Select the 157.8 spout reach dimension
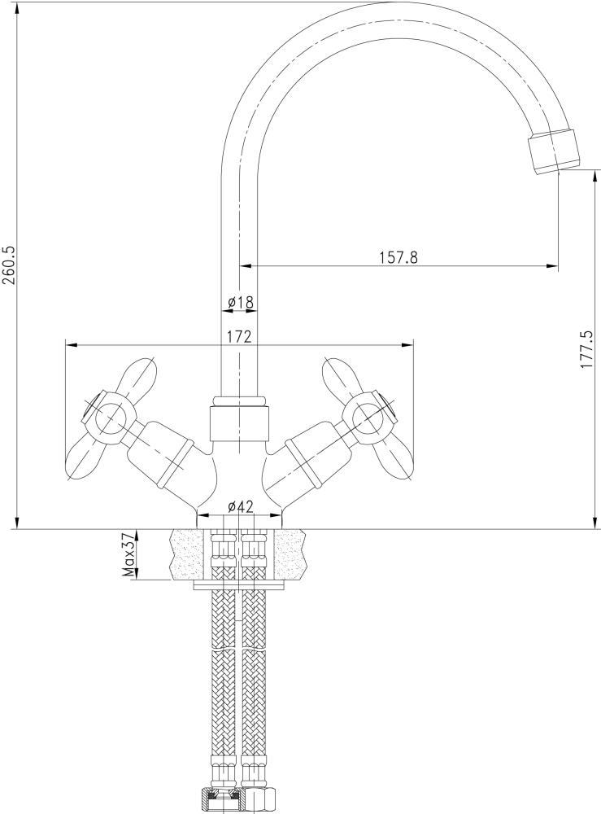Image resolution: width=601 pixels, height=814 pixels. (x=398, y=257)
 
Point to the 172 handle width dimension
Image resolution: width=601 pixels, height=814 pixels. (x=237, y=337)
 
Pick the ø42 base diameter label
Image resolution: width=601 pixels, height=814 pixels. (x=239, y=506)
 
